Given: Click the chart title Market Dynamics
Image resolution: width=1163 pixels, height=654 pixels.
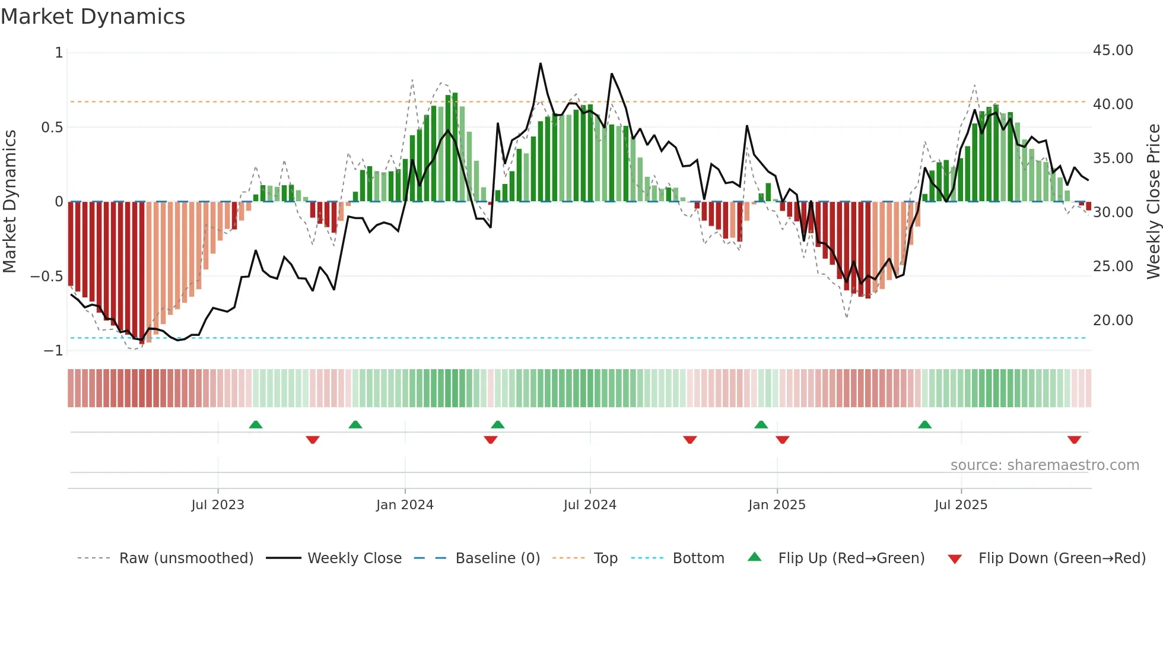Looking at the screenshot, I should (x=93, y=17).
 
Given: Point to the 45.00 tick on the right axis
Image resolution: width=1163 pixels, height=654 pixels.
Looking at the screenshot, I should (x=1113, y=50).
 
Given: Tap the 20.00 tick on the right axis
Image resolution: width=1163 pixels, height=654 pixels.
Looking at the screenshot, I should (x=1113, y=320).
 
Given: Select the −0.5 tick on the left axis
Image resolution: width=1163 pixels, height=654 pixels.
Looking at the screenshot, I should (x=47, y=277).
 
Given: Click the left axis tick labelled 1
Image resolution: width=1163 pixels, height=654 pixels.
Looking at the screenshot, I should (x=59, y=53).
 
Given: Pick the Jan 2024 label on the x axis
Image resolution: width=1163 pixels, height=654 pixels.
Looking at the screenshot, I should (x=405, y=505).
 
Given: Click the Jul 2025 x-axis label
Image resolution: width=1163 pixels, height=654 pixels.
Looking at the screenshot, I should (x=961, y=505).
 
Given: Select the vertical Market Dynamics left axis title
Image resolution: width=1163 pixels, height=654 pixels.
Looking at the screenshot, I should (x=9, y=202).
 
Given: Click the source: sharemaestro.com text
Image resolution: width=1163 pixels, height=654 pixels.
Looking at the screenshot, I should (x=1044, y=465).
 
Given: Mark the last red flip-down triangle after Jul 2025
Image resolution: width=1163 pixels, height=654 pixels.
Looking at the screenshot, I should (x=1074, y=440).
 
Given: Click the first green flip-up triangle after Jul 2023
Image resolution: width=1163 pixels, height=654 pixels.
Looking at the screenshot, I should (x=256, y=425).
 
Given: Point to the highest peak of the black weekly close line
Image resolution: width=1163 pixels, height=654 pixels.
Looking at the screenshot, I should (x=541, y=64).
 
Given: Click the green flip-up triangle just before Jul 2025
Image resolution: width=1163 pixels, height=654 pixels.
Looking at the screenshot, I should (x=924, y=425).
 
